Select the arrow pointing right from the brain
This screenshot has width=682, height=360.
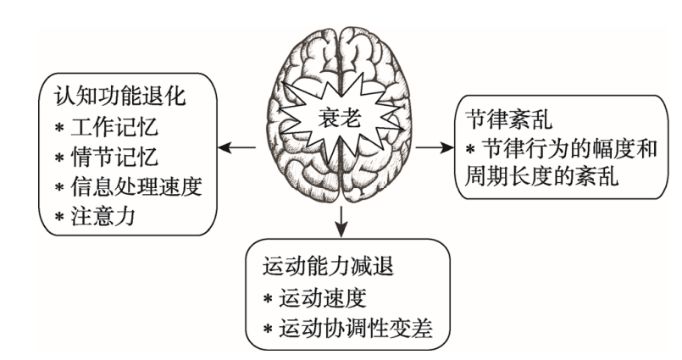[436, 149]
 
